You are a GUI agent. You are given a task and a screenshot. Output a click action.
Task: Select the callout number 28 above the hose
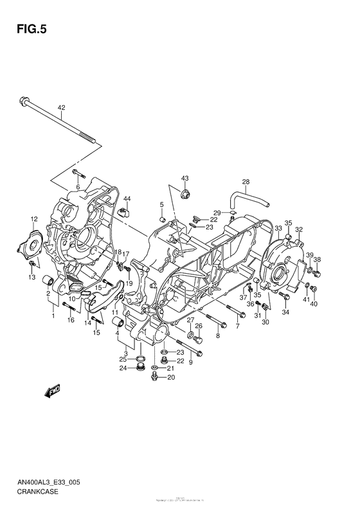point(246,181)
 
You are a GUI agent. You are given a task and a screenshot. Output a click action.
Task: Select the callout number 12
point(35,219)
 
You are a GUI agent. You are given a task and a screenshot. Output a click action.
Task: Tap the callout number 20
point(170,378)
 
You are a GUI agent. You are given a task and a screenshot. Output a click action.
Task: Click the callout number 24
point(122,368)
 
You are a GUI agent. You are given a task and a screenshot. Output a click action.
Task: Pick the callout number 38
point(317,260)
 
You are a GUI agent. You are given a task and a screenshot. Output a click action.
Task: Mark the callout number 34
point(285,312)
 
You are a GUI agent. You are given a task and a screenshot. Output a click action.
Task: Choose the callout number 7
point(237,327)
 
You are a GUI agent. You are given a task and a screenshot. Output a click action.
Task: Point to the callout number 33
point(278,228)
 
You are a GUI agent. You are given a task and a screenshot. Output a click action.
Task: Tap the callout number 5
point(162,204)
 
